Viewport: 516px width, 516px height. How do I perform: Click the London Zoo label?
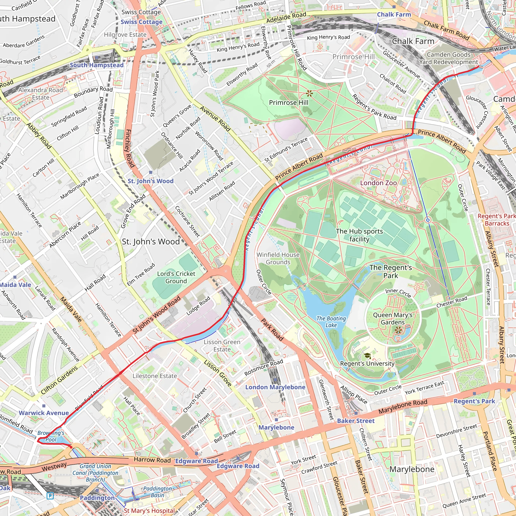[x=378, y=183]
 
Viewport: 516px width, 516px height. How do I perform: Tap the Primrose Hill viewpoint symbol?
[x=309, y=93]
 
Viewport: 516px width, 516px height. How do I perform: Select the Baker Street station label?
[x=356, y=421]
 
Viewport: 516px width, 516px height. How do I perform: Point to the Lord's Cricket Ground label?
[x=176, y=277]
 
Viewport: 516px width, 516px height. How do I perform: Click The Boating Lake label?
[x=331, y=321]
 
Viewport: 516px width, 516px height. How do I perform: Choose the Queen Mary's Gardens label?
[x=393, y=318]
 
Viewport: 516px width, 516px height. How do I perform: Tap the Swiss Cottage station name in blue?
[x=141, y=22]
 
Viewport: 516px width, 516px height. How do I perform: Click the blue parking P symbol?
[x=50, y=496]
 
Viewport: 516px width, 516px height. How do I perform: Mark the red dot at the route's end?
[x=71, y=447]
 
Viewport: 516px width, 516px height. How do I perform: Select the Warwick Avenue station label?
[x=44, y=413]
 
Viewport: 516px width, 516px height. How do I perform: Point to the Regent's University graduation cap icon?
[x=368, y=356]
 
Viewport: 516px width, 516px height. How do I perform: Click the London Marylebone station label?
[x=275, y=387]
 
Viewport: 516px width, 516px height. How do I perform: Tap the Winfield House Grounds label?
[x=278, y=258]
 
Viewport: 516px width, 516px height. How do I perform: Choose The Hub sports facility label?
[x=359, y=235]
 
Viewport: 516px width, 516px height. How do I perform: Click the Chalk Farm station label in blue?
[x=394, y=14]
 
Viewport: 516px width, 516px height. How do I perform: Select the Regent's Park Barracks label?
[x=497, y=219]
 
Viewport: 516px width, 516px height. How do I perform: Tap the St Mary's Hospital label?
[x=149, y=511]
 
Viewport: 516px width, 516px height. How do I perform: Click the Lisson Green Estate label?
[x=222, y=346]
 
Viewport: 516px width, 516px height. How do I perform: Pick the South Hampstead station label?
[x=96, y=65]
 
